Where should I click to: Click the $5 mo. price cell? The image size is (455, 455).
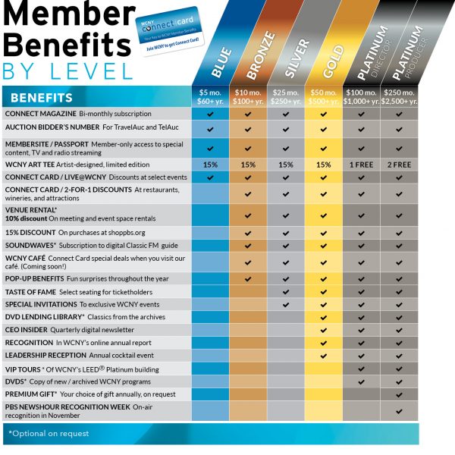(x=210, y=97)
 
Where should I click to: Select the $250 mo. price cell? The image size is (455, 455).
(x=399, y=97)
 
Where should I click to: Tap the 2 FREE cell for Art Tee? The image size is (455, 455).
(x=399, y=164)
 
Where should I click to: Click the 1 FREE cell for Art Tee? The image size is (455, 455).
(x=362, y=164)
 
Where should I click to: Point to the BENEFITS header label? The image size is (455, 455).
(x=42, y=98)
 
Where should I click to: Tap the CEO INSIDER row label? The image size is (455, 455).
(x=27, y=330)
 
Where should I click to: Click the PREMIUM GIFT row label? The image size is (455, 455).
(x=30, y=394)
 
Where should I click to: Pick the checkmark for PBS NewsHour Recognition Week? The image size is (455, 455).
(x=399, y=411)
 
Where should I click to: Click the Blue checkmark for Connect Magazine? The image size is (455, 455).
(x=210, y=113)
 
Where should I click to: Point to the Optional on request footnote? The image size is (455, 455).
(x=49, y=434)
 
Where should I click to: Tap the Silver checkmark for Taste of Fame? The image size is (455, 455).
(x=286, y=292)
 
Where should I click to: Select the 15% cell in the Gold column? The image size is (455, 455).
(x=324, y=164)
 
